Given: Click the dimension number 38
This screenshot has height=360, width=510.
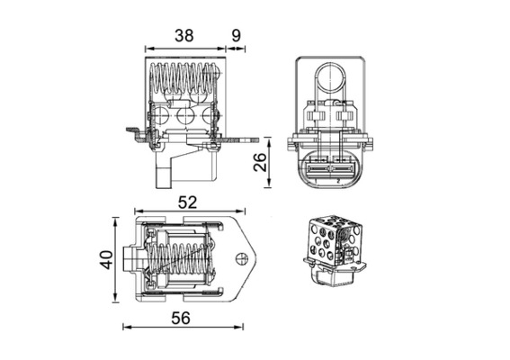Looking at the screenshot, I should tap(183, 36).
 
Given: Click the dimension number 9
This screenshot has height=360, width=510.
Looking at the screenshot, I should tap(236, 36).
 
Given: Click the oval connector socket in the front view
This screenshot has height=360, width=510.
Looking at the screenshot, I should tap(327, 166).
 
